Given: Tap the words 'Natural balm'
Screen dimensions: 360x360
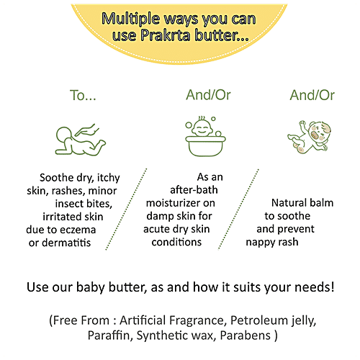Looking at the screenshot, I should (302, 204).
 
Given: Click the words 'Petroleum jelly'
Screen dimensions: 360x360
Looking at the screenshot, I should (277, 320).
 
